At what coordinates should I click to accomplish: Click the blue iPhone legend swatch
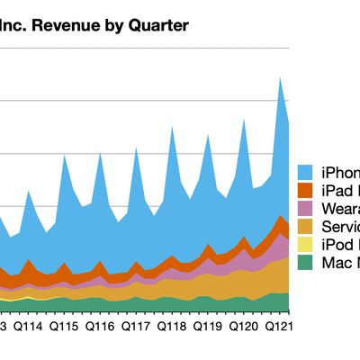(x=306, y=172)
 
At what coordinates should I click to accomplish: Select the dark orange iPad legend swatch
(x=306, y=191)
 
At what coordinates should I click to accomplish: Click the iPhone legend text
(x=339, y=172)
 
